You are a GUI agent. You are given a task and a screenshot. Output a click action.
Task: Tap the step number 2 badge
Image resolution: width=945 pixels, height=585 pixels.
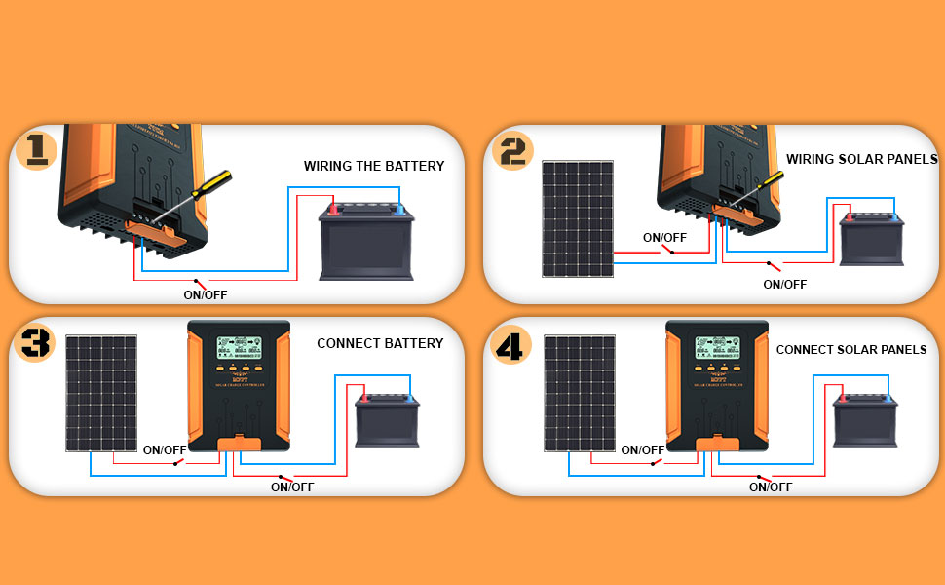pos(511,150)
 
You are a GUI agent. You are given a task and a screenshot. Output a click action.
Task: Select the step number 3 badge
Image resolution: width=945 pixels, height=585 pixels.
pos(36,342)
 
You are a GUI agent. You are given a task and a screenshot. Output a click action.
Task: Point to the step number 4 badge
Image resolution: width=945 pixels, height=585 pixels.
pos(510,343)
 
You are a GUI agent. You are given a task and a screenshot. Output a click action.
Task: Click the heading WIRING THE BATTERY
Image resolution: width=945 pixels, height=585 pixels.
pos(374,166)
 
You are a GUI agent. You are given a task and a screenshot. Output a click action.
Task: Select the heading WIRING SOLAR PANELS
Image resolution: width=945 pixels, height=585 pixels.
pos(861,159)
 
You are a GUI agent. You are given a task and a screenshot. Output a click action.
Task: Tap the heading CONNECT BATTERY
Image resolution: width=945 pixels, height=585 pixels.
pos(380,343)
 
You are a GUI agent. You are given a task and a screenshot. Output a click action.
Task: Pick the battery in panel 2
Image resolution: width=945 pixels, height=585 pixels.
pos(872,240)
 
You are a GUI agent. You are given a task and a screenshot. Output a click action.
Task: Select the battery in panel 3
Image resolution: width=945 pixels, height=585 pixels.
pos(387,418)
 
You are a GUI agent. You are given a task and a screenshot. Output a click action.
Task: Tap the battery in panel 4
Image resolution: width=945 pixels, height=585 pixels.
pos(864,418)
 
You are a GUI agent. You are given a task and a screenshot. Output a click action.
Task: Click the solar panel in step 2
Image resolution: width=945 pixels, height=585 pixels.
pos(579,218)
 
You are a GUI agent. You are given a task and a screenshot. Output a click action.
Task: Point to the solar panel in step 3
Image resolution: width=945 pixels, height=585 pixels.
pos(101,393)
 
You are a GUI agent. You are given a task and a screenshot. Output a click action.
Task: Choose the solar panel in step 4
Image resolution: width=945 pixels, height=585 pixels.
pos(579,393)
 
